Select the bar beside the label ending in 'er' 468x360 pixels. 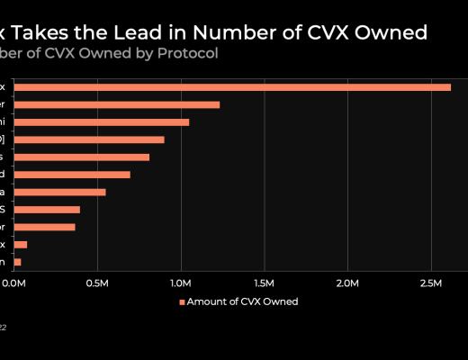(116, 104)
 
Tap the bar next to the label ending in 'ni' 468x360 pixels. (101, 121)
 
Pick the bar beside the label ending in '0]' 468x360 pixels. (89, 139)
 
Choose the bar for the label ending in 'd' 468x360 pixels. (72, 174)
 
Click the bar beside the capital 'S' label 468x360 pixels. (47, 209)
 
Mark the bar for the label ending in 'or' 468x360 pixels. (44, 227)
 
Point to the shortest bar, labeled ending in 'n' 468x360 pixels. (17, 262)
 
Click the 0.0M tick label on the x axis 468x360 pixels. (13, 283)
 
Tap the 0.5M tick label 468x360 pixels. (97, 283)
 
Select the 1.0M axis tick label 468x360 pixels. (181, 283)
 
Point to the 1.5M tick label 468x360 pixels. (264, 283)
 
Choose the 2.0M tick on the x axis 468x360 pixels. (347, 283)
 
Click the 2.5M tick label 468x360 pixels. (430, 283)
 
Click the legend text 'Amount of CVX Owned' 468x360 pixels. (242, 301)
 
